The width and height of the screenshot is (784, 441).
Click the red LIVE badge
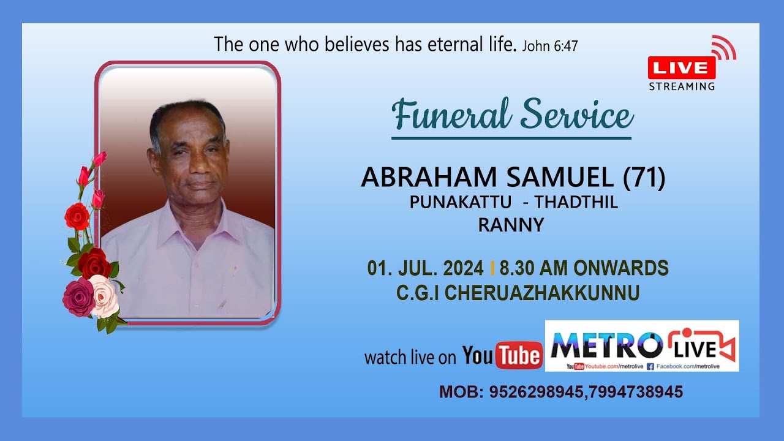[682, 67]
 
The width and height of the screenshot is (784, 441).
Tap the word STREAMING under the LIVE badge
[682, 86]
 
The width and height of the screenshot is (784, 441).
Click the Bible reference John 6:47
[549, 46]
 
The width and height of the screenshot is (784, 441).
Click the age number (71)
[644, 178]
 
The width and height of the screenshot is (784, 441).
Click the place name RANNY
[511, 225]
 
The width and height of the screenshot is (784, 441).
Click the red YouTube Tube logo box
[518, 355]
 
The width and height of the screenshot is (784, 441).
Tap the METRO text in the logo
[606, 345]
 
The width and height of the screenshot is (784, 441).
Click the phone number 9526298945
[535, 392]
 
